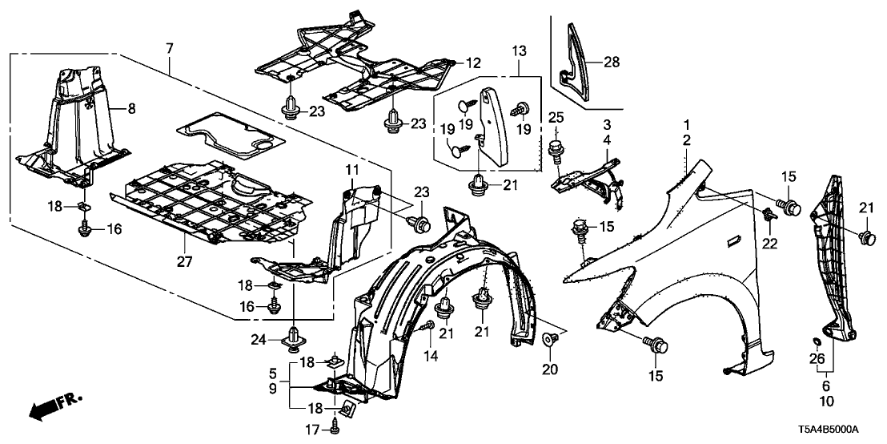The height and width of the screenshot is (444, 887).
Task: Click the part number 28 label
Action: pos(612,61)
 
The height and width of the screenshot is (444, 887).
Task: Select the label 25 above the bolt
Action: pos(554,119)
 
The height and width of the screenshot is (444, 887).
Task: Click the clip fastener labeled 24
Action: pos(294,338)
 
